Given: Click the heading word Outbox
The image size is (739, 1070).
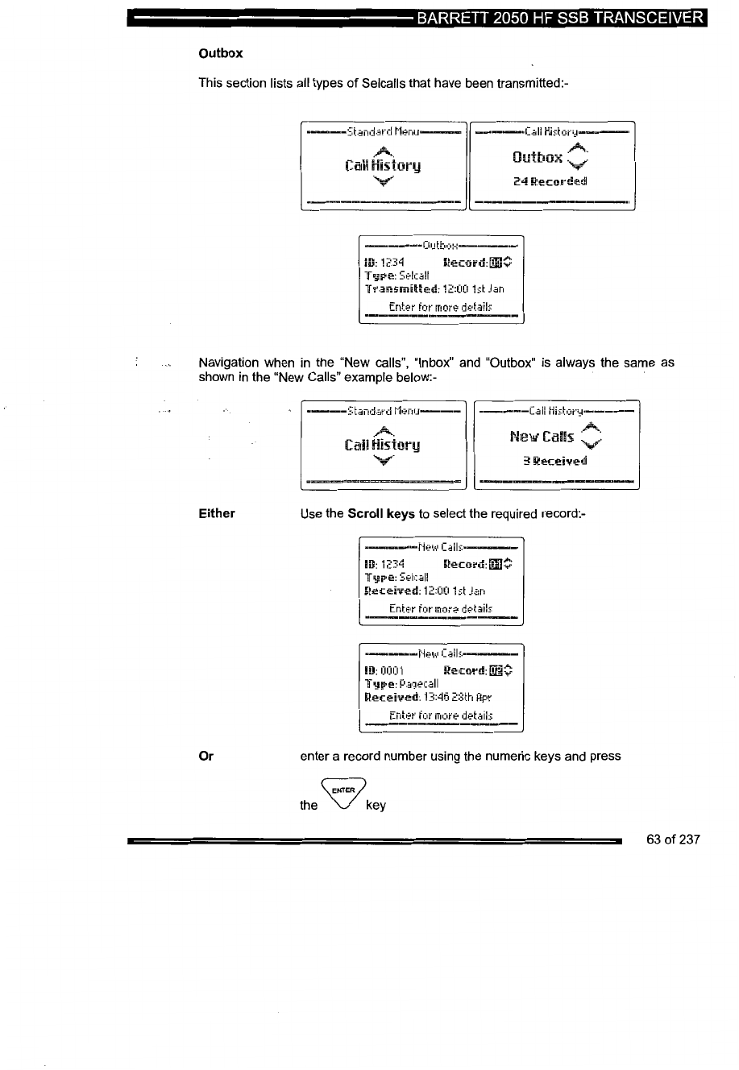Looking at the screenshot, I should click(220, 53).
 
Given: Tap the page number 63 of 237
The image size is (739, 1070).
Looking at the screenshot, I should click(673, 840).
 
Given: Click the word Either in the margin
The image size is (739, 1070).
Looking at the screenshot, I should click(217, 513).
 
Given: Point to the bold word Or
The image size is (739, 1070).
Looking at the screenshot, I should click(206, 756).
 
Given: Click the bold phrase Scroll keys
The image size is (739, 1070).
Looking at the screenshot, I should click(381, 513).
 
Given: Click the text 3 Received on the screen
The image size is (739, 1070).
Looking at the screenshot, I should click(554, 461).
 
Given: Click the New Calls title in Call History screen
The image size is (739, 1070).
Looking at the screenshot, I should click(542, 437).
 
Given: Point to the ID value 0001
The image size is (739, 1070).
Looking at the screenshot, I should click(392, 670).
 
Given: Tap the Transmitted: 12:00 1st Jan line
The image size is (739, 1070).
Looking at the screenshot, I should click(434, 288).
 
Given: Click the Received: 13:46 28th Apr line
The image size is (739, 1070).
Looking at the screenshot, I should click(428, 697).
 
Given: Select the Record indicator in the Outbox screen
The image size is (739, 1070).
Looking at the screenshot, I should click(477, 261).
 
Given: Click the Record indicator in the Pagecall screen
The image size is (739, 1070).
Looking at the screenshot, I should click(478, 670).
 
